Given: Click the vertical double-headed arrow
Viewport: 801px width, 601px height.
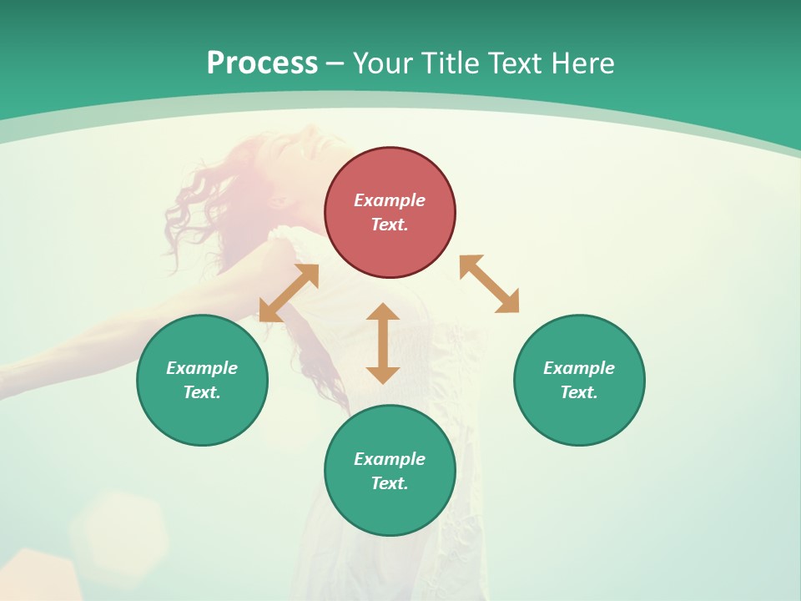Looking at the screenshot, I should [383, 343].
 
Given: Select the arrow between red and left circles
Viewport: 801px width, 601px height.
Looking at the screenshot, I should [289, 293].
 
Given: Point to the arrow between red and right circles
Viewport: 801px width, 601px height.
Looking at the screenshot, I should [489, 284].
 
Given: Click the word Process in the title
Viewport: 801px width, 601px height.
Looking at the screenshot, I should [262, 63].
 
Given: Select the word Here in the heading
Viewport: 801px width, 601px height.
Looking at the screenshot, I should [582, 63].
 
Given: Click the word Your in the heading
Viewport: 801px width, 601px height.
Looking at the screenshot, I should [384, 63].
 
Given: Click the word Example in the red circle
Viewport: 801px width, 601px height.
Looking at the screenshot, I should [390, 200].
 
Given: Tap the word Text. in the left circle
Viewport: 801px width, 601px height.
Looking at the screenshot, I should [202, 392].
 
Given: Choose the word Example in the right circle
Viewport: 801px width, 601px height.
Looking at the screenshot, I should [579, 368].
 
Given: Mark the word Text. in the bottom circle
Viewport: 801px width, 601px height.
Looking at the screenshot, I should [390, 483].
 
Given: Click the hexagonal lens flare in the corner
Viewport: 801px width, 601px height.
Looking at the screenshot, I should [117, 526].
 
